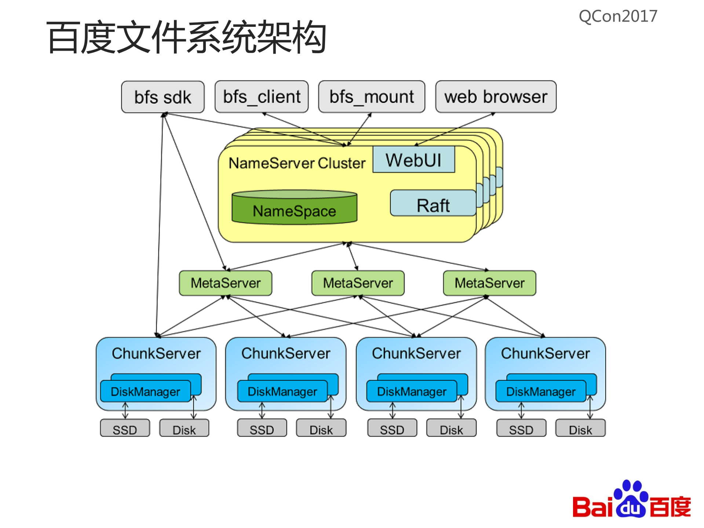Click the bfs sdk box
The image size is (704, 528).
pyautogui.click(x=163, y=97)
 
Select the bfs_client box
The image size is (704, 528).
pyautogui.click(x=262, y=97)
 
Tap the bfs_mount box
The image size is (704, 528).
pyautogui.click(x=372, y=97)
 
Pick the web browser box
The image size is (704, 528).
pyautogui.click(x=496, y=97)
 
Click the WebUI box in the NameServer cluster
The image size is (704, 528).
pyautogui.click(x=413, y=160)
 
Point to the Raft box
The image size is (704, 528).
pyautogui.click(x=433, y=204)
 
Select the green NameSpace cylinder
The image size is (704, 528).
pyautogui.click(x=294, y=208)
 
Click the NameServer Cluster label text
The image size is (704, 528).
pyautogui.click(x=297, y=163)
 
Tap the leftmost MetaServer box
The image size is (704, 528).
pyautogui.click(x=225, y=283)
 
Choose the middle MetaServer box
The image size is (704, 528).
pyautogui.click(x=358, y=283)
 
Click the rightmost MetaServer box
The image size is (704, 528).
pyautogui.click(x=489, y=283)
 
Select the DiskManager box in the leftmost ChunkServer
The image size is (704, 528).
pyautogui.click(x=145, y=392)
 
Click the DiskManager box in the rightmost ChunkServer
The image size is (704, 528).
pyautogui.click(x=540, y=392)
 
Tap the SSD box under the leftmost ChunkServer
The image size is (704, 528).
pyautogui.click(x=125, y=429)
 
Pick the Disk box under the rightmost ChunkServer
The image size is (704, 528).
pyautogui.click(x=580, y=429)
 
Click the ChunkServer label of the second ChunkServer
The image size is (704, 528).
pyautogui.click(x=286, y=353)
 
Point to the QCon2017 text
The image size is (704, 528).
pyautogui.click(x=618, y=17)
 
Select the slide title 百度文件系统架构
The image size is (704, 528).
pyautogui.click(x=186, y=37)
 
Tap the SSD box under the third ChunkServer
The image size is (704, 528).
pyautogui.click(x=392, y=429)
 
